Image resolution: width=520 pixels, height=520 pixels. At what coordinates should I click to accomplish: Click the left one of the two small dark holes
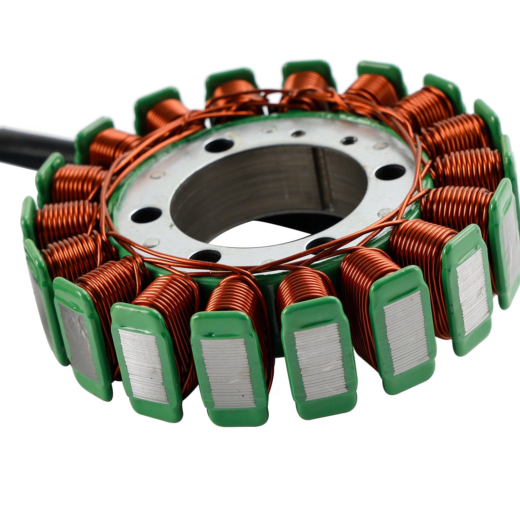[299, 133]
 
